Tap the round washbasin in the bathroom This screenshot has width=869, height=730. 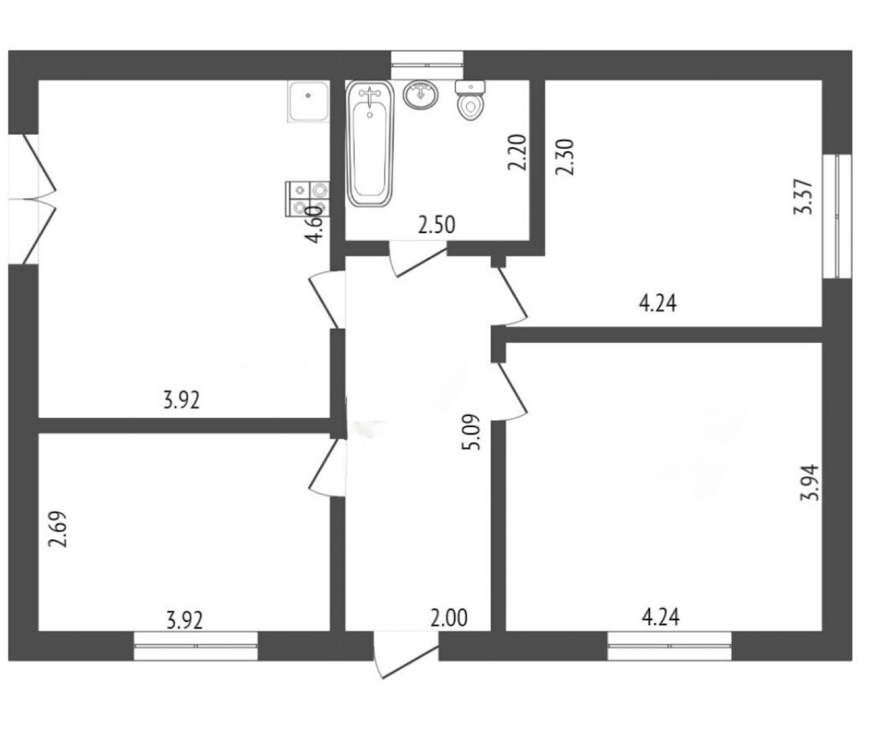(x=421, y=94)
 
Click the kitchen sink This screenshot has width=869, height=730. (x=308, y=101)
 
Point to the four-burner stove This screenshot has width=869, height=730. (x=307, y=199)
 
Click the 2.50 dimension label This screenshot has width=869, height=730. (x=436, y=225)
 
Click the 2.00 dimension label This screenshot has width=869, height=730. (x=449, y=618)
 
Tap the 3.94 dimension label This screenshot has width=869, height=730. (x=809, y=482)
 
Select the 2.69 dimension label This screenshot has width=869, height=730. (x=58, y=529)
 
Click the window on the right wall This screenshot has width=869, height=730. (x=837, y=216)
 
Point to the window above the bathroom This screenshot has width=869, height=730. (x=427, y=64)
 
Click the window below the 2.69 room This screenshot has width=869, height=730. (x=195, y=646)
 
